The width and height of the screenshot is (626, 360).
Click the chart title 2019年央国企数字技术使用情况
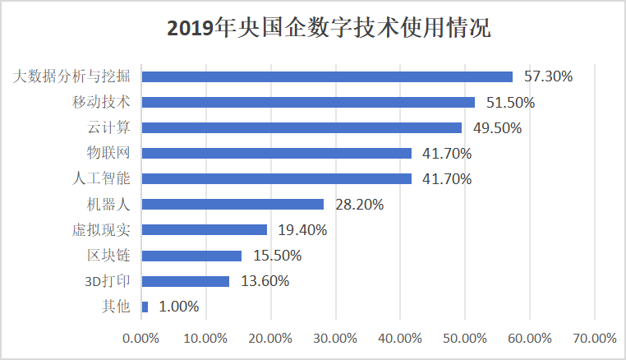click(x=329, y=29)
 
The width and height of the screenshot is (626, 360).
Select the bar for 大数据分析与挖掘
click(x=327, y=76)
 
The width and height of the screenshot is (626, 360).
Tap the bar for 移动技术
click(x=308, y=102)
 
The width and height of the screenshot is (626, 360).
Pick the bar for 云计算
click(x=301, y=127)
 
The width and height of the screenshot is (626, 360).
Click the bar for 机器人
click(x=232, y=204)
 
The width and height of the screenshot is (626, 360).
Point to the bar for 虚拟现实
click(x=205, y=229)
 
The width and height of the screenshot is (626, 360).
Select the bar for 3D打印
click(x=186, y=281)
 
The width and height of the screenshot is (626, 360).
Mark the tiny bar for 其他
click(x=145, y=307)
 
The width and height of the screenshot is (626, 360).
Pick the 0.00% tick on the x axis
click(x=140, y=339)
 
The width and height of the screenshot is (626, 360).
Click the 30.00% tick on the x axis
click(x=334, y=339)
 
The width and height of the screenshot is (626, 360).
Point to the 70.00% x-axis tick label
click(x=593, y=339)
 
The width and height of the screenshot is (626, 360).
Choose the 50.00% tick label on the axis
click(x=464, y=339)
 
